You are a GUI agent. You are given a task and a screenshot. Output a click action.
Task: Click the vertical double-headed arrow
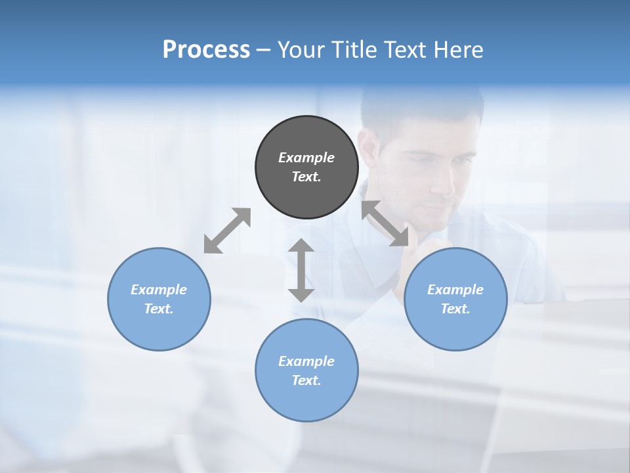coord(301,270)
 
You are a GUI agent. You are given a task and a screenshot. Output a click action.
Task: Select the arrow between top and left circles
coord(227,231)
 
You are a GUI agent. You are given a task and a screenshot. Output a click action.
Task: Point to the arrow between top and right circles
coord(385,223)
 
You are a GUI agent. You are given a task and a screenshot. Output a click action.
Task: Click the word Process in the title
coord(206,49)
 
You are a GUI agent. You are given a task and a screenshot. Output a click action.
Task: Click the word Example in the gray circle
coord(306,158)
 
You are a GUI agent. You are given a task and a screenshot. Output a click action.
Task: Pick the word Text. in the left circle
coord(159,309)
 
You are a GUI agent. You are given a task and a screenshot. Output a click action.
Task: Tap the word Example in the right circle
coord(455,290)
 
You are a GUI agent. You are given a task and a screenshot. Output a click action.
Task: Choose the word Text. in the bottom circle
coord(306,380)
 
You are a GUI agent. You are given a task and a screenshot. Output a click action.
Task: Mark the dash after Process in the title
coord(264,50)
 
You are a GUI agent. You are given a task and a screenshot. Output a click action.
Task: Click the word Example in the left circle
coord(159,290)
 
